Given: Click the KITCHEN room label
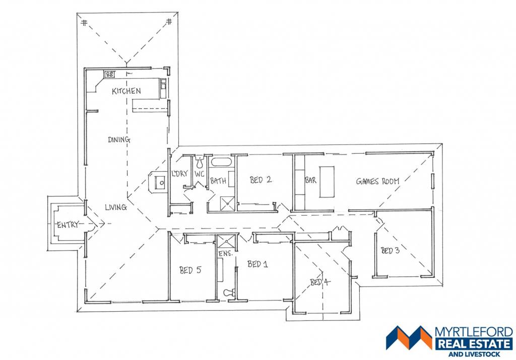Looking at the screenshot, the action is click(x=126, y=91).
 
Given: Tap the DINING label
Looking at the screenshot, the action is click(x=119, y=139).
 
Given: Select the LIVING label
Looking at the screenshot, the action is click(x=116, y=207).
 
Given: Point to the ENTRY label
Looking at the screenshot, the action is click(x=68, y=225).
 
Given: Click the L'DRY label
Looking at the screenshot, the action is click(x=180, y=173).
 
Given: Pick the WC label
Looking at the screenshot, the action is click(x=200, y=174).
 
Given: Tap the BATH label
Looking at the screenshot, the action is click(x=218, y=180).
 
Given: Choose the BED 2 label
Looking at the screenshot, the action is click(x=261, y=180).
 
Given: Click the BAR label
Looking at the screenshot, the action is click(x=310, y=180).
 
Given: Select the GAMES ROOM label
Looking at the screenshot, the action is click(x=377, y=181).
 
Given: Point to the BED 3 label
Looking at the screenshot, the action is click(x=391, y=251).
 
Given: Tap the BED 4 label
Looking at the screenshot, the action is click(x=320, y=282).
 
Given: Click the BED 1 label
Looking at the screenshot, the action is click(x=257, y=264).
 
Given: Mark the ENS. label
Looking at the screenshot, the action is click(x=226, y=253).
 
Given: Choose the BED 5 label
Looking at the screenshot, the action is click(x=190, y=270).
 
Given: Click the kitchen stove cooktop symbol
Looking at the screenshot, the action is click(x=110, y=75).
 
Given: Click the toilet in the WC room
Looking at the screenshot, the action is click(x=200, y=162).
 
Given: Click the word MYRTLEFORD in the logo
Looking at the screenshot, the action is click(x=474, y=332).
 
